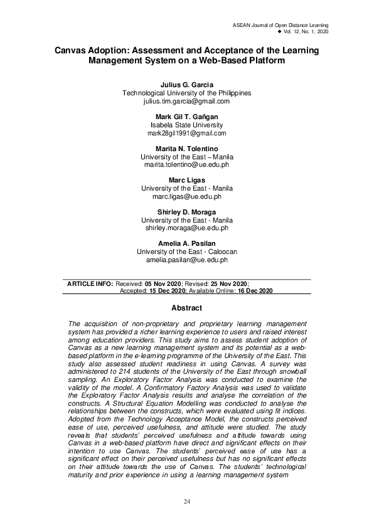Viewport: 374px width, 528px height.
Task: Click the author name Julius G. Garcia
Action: tap(186, 85)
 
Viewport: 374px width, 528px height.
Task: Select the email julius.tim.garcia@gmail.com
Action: tap(186, 101)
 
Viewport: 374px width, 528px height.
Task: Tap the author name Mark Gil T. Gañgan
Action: tap(186, 117)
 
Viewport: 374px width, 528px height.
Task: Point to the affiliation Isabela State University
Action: tap(186, 125)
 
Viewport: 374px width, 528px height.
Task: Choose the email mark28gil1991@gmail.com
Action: tap(186, 134)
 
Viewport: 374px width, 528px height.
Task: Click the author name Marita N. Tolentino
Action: tap(186, 149)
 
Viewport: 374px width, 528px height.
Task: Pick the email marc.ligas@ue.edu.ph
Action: tap(186, 196)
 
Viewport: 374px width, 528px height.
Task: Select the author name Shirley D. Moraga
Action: tap(186, 213)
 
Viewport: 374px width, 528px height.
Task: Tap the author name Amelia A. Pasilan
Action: tap(186, 243)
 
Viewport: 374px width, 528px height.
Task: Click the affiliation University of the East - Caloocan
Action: tap(186, 251)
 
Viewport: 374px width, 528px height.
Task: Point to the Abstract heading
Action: tap(186, 308)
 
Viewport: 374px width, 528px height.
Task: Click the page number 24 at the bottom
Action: tap(186, 502)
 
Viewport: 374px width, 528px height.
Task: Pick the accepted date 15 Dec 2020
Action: tap(166, 292)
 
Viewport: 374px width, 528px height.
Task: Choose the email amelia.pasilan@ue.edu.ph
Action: tap(186, 260)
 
